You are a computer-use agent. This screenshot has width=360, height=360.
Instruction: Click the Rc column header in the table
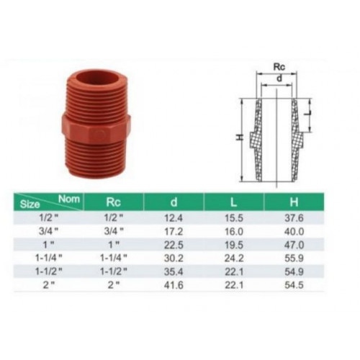point(113,202)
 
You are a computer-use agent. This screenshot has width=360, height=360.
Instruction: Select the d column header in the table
point(174,202)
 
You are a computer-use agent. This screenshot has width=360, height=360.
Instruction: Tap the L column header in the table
point(233,202)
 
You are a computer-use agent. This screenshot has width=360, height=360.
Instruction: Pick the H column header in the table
point(294,202)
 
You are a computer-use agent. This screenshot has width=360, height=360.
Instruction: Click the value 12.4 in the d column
point(174,218)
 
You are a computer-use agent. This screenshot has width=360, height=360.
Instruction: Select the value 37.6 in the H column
point(294,218)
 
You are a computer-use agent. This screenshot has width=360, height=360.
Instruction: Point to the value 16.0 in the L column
point(234,232)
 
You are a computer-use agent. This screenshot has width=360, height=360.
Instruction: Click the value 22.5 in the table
point(174,245)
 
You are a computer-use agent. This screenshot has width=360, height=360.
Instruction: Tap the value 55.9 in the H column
point(294,258)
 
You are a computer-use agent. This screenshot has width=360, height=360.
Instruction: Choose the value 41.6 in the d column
point(174,285)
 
